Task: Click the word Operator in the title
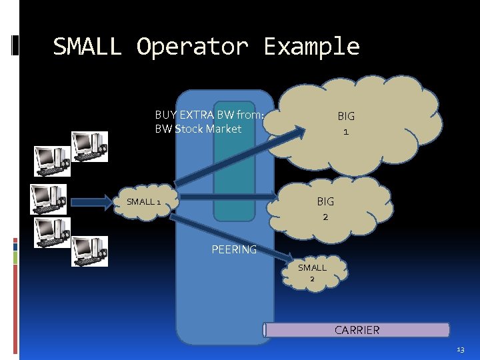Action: click(192, 47)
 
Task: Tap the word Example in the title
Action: click(311, 47)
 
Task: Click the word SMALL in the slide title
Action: click(87, 47)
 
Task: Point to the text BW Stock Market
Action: click(198, 129)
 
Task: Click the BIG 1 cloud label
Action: click(345, 123)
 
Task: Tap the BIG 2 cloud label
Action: click(325, 208)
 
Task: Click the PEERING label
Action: click(234, 249)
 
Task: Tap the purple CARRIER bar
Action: click(357, 330)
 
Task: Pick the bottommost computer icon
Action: click(89, 250)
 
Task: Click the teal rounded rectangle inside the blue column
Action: click(234, 170)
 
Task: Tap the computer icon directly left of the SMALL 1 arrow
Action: click(48, 199)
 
